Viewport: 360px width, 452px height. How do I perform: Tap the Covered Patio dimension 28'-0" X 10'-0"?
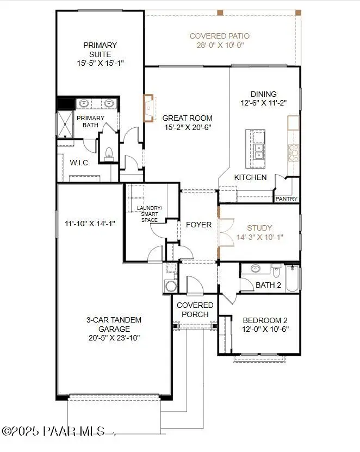(x=220, y=46)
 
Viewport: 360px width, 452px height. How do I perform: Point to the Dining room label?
(x=264, y=94)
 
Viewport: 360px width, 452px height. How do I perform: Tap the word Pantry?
(x=287, y=199)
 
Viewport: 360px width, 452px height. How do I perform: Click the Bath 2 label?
(x=268, y=285)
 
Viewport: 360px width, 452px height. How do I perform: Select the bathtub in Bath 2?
(x=293, y=278)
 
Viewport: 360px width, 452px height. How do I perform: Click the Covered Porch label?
(x=193, y=310)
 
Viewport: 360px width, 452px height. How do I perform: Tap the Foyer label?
(x=198, y=224)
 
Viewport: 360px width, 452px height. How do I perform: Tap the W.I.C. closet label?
(x=80, y=163)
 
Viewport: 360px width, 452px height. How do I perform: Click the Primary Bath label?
(x=90, y=122)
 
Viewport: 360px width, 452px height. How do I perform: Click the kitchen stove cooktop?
(x=294, y=153)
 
